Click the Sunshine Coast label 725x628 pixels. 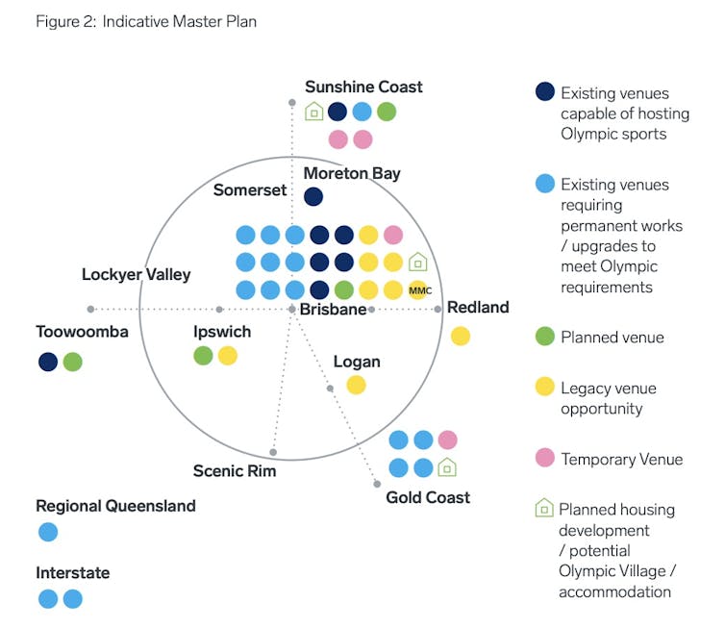pos(363,87)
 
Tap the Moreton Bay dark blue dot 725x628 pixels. pos(312,197)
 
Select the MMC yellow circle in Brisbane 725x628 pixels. pos(418,289)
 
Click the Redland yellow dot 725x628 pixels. pos(461,336)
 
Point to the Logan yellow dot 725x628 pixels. pos(356,385)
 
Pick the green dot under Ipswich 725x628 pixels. pos(203,356)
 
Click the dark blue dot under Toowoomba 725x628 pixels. pos(48,362)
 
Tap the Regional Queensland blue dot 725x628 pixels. pos(48,532)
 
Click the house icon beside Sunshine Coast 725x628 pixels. pos(313,112)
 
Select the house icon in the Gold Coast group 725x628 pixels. pos(447,467)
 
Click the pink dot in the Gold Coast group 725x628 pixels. pos(447,440)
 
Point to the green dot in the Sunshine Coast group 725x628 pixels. pos(387,112)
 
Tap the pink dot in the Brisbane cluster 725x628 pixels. pos(393,235)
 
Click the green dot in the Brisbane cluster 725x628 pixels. pos(343,289)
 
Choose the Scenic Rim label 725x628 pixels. pos(235,470)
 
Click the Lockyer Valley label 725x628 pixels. pos(136,275)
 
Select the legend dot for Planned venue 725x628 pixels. pos(544,337)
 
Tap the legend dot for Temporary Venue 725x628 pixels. pos(544,458)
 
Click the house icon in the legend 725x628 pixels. pos(543,509)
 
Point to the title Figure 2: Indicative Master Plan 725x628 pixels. pos(146,21)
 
